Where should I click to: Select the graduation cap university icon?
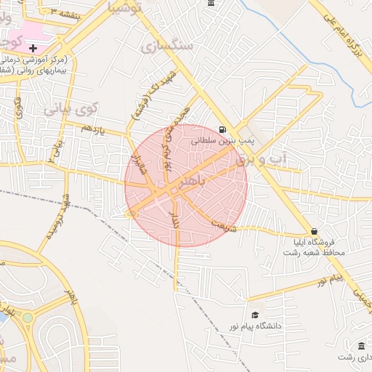pyautogui.click(x=254, y=315)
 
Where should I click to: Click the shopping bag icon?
pyautogui.click(x=313, y=230)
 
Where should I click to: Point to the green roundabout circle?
pyautogui.click(x=28, y=318)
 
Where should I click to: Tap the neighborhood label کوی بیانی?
pyautogui.click(x=70, y=110)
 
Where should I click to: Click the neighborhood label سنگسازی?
pyautogui.click(x=168, y=46)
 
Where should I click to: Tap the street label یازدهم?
pyautogui.click(x=93, y=129)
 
